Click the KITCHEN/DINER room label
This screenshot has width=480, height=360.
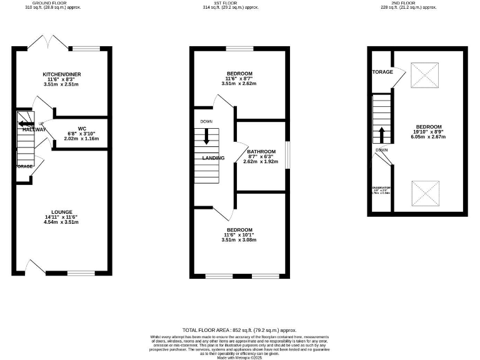(x=62, y=74)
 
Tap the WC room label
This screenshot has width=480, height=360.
(x=82, y=129)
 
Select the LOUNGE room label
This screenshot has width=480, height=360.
(x=62, y=212)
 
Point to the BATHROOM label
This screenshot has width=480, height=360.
(x=261, y=152)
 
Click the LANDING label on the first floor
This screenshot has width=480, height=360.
(x=213, y=158)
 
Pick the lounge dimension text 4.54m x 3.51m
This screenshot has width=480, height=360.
(x=62, y=222)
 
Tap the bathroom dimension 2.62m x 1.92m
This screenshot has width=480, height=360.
(x=261, y=161)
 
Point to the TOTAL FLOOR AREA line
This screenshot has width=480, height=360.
(x=239, y=329)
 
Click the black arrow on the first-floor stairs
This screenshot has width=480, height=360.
(x=206, y=137)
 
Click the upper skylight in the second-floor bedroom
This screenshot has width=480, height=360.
(x=428, y=78)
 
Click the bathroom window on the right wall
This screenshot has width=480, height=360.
(x=287, y=154)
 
